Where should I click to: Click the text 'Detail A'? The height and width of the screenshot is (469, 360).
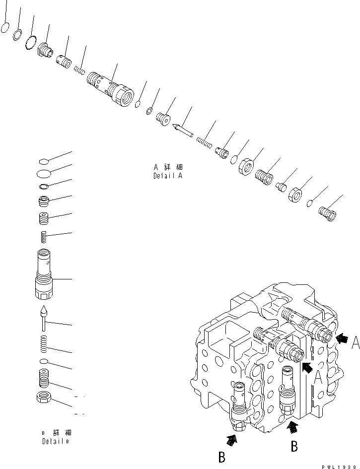[x=168, y=176]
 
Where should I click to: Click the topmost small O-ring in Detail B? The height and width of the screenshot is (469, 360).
[x=44, y=161]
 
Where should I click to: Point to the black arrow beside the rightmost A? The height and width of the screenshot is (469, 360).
[x=341, y=338]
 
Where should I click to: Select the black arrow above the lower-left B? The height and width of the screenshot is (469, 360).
[x=232, y=438]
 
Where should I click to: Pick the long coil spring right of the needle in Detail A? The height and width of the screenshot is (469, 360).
[x=205, y=142]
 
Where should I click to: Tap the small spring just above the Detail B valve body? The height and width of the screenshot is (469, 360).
[x=44, y=237]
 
